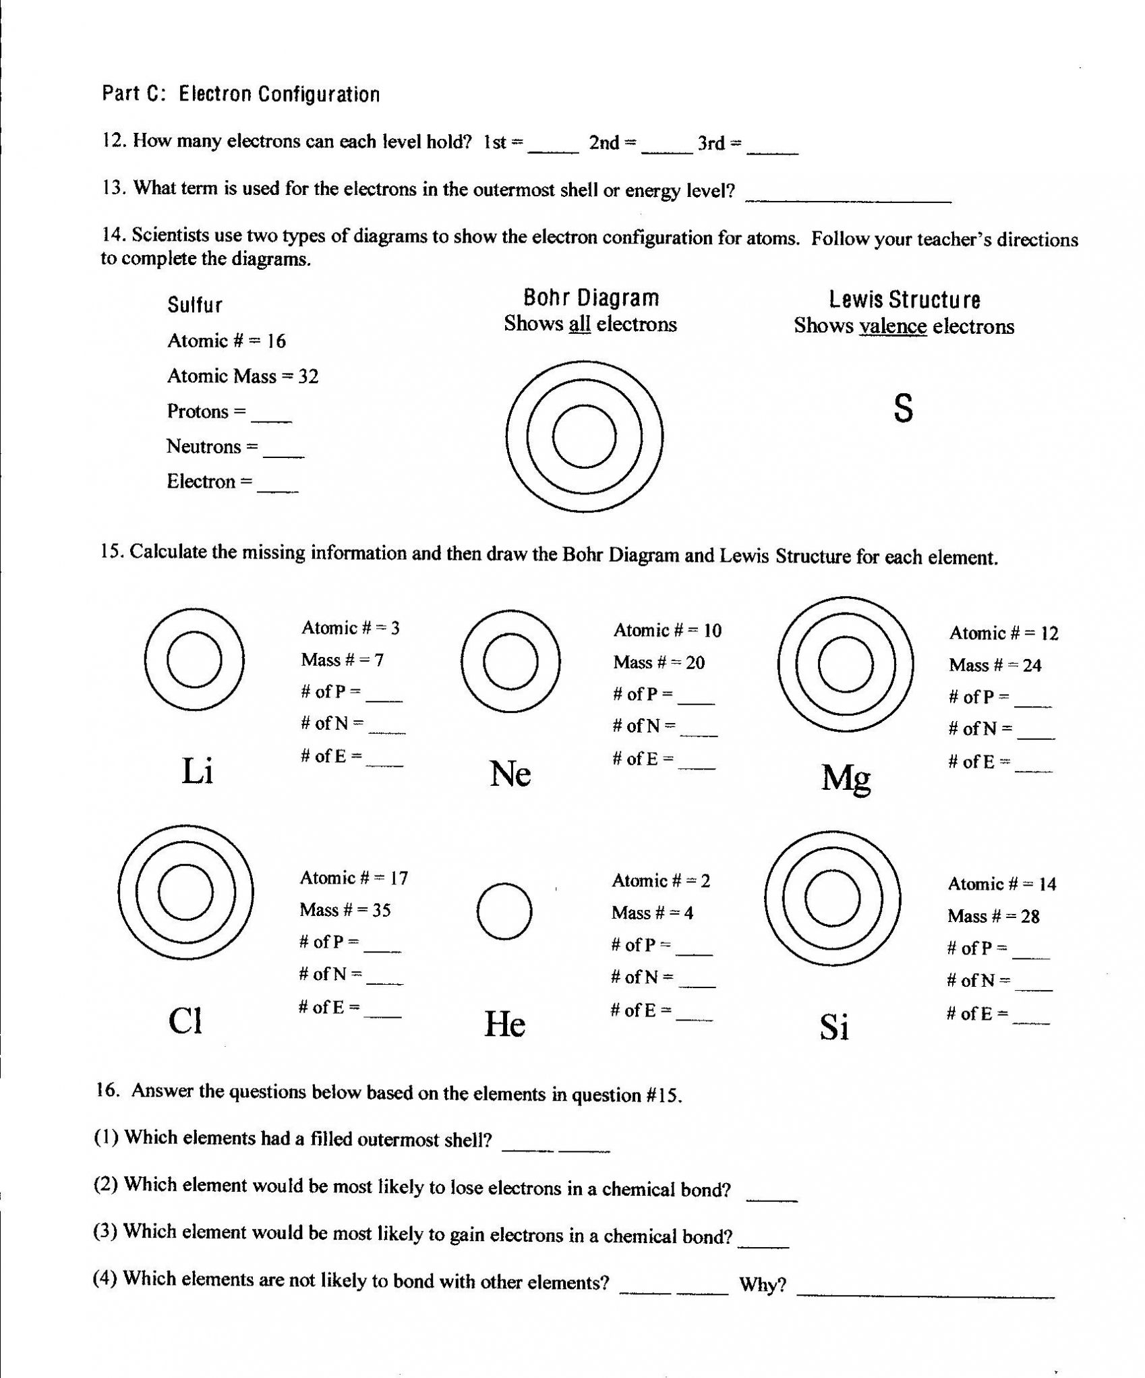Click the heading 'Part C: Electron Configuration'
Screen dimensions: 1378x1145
click(x=241, y=94)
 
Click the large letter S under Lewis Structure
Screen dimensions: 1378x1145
click(x=903, y=408)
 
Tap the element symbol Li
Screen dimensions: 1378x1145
click(x=198, y=771)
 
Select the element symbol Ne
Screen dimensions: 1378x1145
click(x=510, y=774)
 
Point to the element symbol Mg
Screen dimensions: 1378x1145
click(x=846, y=778)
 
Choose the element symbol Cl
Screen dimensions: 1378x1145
click(x=185, y=1021)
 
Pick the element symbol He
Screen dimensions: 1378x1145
click(x=504, y=1024)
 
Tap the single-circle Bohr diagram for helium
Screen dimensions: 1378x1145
click(x=504, y=911)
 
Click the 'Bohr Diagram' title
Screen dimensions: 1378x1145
click(x=591, y=297)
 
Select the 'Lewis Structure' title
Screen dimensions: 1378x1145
click(x=904, y=299)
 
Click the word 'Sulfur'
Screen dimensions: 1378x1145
click(x=195, y=306)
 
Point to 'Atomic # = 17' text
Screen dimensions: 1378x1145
click(x=354, y=878)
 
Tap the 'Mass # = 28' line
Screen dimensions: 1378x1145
click(x=993, y=916)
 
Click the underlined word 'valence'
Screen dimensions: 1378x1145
click(x=893, y=326)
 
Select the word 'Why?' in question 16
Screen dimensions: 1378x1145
click(x=763, y=1284)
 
